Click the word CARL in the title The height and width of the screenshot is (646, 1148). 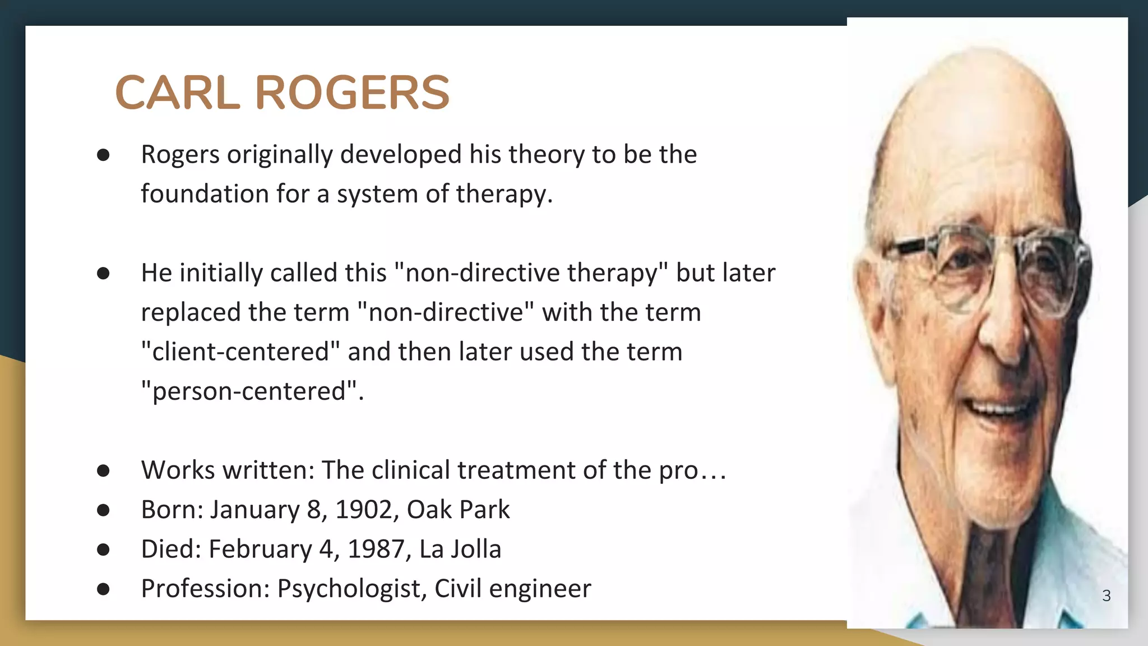(177, 93)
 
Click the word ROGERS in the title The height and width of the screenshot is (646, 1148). (352, 93)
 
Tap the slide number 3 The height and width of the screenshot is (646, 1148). (1106, 596)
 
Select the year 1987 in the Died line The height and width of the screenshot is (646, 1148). (379, 549)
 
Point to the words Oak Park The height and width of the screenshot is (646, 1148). (458, 510)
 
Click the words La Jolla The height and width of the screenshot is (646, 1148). (460, 549)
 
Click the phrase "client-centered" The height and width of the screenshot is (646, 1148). (240, 352)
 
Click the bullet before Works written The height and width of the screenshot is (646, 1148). (103, 470)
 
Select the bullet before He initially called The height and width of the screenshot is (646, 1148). (103, 273)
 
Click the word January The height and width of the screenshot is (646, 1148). (254, 510)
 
